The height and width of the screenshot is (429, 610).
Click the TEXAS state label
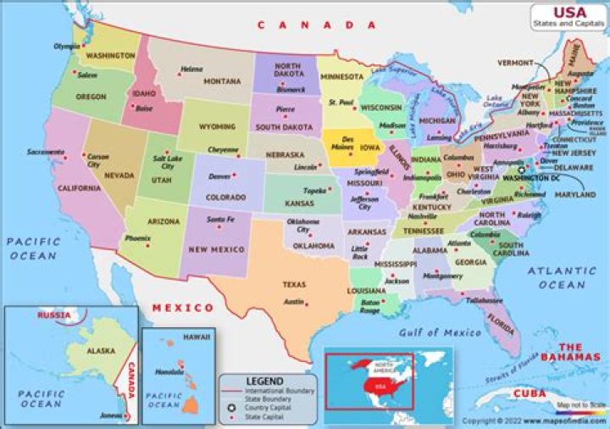pos(294,284)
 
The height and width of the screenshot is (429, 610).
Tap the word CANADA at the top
pos(318,25)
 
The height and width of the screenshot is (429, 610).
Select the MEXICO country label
pos(182,307)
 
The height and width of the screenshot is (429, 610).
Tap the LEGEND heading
pos(264,382)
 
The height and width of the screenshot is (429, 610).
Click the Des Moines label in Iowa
pos(347,142)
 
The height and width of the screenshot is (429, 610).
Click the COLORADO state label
pos(226,198)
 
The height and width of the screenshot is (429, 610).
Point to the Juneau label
pos(111,416)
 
